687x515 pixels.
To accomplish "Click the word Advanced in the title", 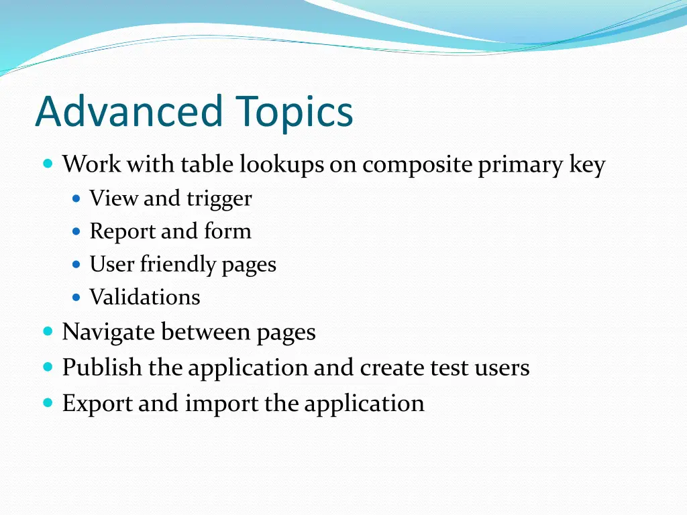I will click(128, 111).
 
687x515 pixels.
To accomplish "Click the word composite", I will click(418, 166).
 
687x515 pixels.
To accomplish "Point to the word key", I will click(587, 165).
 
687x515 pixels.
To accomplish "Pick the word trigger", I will click(219, 199).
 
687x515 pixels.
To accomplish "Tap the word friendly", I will click(178, 265).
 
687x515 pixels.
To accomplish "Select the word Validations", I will click(144, 297).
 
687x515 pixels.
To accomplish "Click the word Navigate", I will click(108, 333).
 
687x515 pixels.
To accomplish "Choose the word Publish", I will click(102, 367).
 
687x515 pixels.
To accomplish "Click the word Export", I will click(97, 404).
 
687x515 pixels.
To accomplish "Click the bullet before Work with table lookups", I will click(48, 164).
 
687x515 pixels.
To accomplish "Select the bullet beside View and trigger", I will click(76, 198).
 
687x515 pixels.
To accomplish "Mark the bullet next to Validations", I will click(76, 296).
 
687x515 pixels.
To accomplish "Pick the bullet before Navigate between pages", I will click(48, 331).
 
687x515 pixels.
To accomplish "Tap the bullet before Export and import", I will click(48, 403).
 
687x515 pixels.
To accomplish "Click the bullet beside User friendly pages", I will click(76, 264).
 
